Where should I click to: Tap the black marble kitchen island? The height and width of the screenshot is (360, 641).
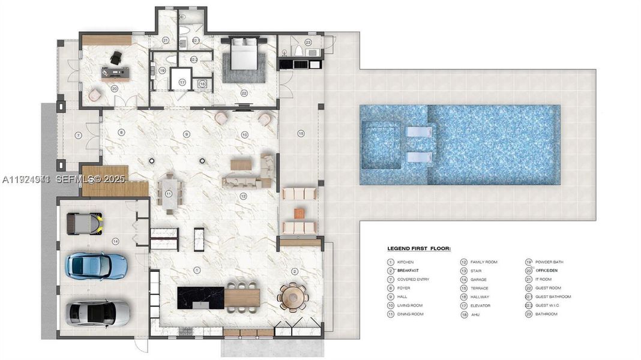click(x=200, y=298)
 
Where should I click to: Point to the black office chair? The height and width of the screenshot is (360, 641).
click(x=115, y=58)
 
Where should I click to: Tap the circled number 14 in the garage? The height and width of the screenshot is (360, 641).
click(x=115, y=241)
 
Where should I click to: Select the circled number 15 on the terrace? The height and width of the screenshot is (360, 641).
click(x=301, y=133)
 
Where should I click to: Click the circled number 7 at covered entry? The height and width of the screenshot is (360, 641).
click(x=78, y=136)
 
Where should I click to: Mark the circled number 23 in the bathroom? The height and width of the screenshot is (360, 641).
click(x=308, y=42)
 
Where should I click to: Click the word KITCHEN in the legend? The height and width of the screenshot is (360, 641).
click(x=405, y=262)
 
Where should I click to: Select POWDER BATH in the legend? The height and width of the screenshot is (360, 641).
click(x=547, y=262)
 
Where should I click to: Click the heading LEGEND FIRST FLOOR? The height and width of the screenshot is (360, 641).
click(x=418, y=248)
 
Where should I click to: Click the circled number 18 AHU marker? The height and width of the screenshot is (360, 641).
click(x=202, y=84)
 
